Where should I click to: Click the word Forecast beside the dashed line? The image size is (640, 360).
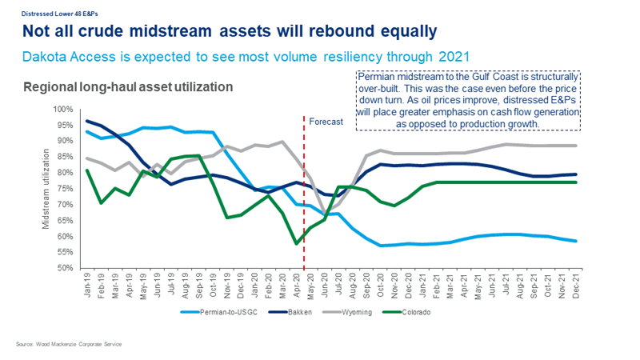coord(325,122)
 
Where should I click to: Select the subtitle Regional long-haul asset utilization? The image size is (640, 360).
coord(128,86)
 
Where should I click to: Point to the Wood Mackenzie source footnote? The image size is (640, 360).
coord(68,343)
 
